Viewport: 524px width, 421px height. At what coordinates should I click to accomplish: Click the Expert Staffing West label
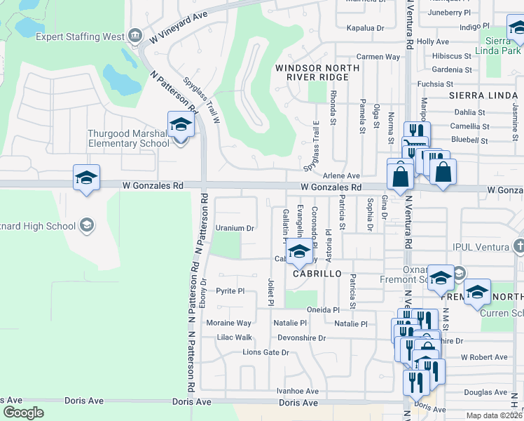[x=80, y=36]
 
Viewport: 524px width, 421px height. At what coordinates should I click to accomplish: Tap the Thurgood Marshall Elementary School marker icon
[x=181, y=126]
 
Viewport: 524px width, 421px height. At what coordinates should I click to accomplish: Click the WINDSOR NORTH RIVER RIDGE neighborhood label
[x=317, y=72]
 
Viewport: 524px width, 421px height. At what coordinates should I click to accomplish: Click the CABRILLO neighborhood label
[x=318, y=274]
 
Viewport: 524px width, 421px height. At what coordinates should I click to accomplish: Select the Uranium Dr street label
[x=234, y=228]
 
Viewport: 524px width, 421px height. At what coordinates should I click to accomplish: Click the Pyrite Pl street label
[x=230, y=290]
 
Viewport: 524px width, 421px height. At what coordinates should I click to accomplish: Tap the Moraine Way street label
[x=228, y=323]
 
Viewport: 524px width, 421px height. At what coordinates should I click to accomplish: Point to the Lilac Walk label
[x=234, y=338]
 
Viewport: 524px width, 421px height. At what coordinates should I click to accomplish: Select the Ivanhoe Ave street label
[x=297, y=392]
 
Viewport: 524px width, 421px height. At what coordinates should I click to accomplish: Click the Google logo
[x=23, y=412]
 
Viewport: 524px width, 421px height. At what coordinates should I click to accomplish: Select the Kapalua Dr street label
[x=366, y=28]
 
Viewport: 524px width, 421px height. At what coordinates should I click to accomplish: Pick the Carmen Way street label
[x=378, y=57]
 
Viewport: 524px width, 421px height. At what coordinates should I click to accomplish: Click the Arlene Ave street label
[x=341, y=175]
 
